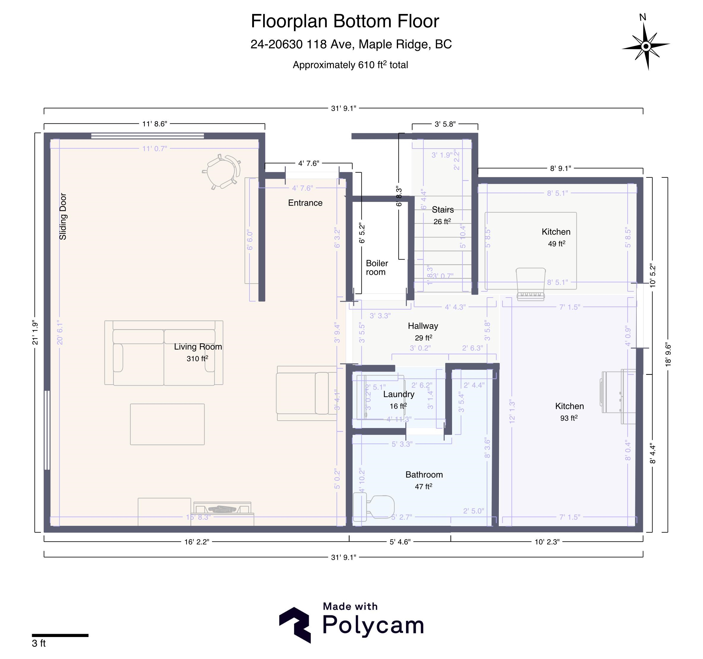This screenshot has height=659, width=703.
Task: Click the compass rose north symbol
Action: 646,46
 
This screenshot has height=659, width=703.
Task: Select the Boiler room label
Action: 377,268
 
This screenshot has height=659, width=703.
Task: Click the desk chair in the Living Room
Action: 222,172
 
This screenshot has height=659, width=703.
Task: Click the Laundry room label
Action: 399,394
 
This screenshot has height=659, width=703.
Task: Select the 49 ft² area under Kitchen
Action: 556,243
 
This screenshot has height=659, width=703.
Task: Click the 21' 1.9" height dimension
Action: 35,332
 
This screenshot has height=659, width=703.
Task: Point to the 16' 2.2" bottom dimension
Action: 197,542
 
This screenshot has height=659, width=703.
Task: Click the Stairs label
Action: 442,210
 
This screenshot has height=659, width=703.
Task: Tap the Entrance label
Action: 305,203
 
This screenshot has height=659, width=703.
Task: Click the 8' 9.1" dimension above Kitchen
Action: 560,169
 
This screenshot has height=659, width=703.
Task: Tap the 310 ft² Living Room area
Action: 197,358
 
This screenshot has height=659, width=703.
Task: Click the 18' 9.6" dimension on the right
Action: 668,354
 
